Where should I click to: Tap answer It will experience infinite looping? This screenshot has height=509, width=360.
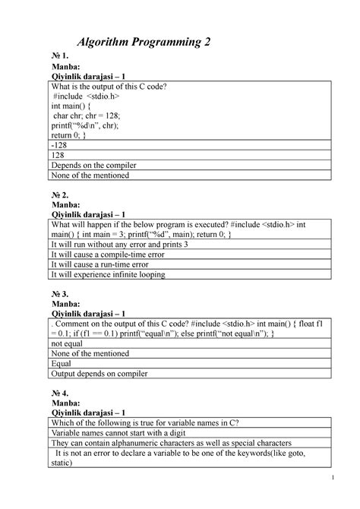pyautogui.click(x=108, y=276)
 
